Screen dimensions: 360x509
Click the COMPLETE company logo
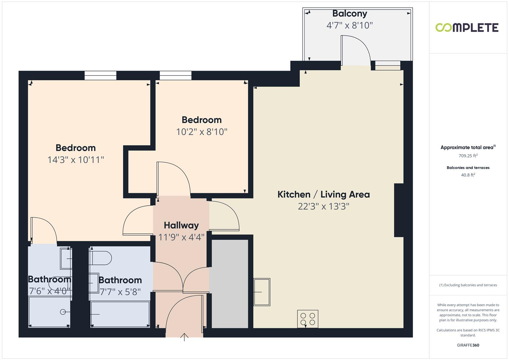[x=467, y=27]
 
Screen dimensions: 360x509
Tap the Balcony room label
[x=349, y=14]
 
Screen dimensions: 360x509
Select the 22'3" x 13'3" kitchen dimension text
[x=323, y=206]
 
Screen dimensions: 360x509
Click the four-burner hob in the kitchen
[x=308, y=319]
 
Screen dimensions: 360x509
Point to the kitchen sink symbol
[x=262, y=292]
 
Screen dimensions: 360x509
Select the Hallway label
[x=181, y=225]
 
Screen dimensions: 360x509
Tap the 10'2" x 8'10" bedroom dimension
[x=201, y=132]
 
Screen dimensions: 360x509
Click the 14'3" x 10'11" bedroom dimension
[x=76, y=160]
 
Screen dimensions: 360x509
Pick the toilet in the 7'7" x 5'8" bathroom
[x=101, y=258]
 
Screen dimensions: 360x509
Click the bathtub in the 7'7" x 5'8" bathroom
[x=120, y=314]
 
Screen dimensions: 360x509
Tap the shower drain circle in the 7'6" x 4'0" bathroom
[x=63, y=312]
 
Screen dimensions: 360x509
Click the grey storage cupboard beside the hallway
[x=230, y=283]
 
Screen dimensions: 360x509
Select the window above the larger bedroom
[x=100, y=76]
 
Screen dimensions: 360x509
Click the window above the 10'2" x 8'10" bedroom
[x=175, y=76]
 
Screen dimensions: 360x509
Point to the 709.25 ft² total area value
[x=468, y=156]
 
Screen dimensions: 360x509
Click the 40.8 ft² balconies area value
[x=468, y=175]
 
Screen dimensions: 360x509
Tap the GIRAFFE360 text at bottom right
[x=468, y=345]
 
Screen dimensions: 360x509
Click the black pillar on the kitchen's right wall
[x=399, y=210]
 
